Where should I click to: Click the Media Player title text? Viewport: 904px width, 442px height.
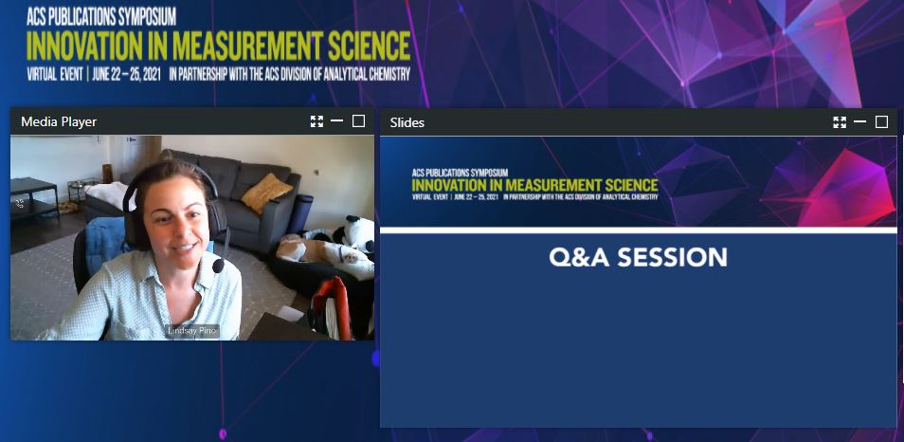pyautogui.click(x=59, y=121)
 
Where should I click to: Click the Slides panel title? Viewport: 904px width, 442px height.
pyautogui.click(x=407, y=122)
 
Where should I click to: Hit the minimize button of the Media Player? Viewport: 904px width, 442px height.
pyautogui.click(x=336, y=121)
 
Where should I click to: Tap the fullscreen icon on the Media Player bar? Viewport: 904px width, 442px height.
pyautogui.click(x=316, y=121)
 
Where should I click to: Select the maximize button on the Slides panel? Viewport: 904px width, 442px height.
pyautogui.click(x=881, y=122)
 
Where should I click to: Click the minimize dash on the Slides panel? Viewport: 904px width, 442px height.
pyautogui.click(x=859, y=122)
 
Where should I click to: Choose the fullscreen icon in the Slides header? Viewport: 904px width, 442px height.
pyautogui.click(x=840, y=122)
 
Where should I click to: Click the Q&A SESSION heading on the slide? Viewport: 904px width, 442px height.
pyautogui.click(x=638, y=257)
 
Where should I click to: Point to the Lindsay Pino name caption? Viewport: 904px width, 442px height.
pyautogui.click(x=191, y=330)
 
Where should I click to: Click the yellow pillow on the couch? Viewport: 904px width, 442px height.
pyautogui.click(x=266, y=193)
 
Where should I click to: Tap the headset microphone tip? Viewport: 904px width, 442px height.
pyautogui.click(x=218, y=267)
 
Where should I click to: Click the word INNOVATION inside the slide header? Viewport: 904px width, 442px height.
pyautogui.click(x=449, y=184)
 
